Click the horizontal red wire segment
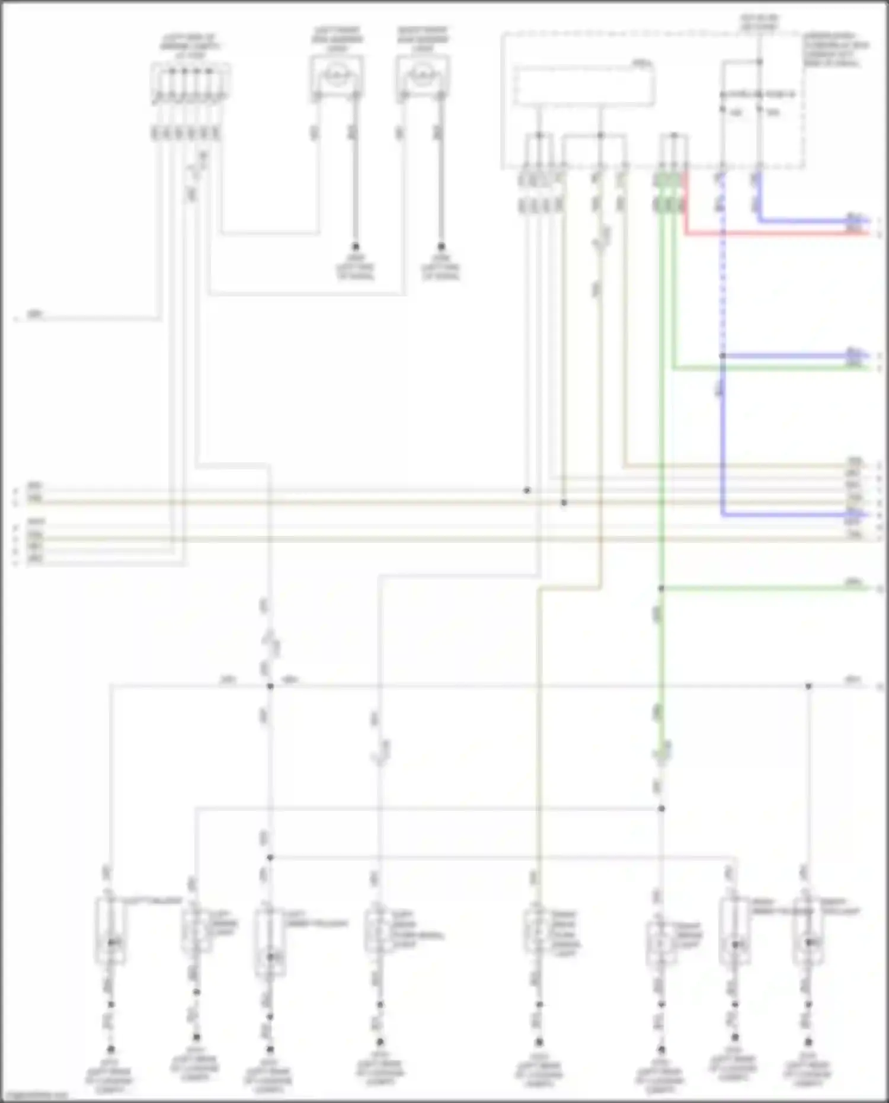tap(770, 234)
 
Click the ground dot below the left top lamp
tap(356, 246)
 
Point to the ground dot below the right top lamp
tap(441, 246)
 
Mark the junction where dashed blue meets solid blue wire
tap(722, 356)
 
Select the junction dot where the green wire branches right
tap(661, 589)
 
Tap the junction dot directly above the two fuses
tap(759, 62)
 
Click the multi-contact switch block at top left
tap(190, 83)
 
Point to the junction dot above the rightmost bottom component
tap(808, 686)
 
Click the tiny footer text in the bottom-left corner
tap(36, 1095)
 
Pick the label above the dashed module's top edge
tap(759, 23)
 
